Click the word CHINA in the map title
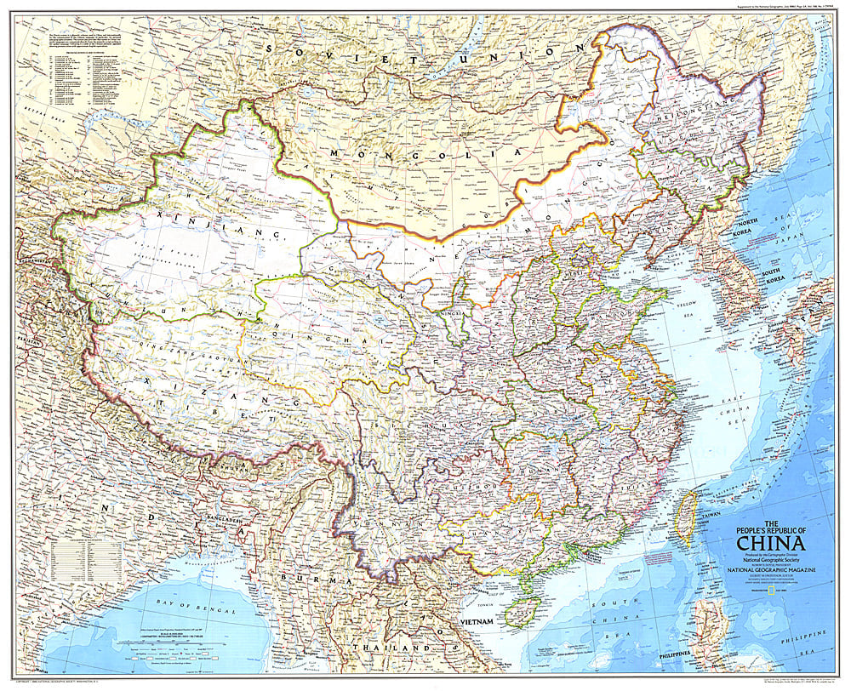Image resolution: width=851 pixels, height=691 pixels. click(771, 544)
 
